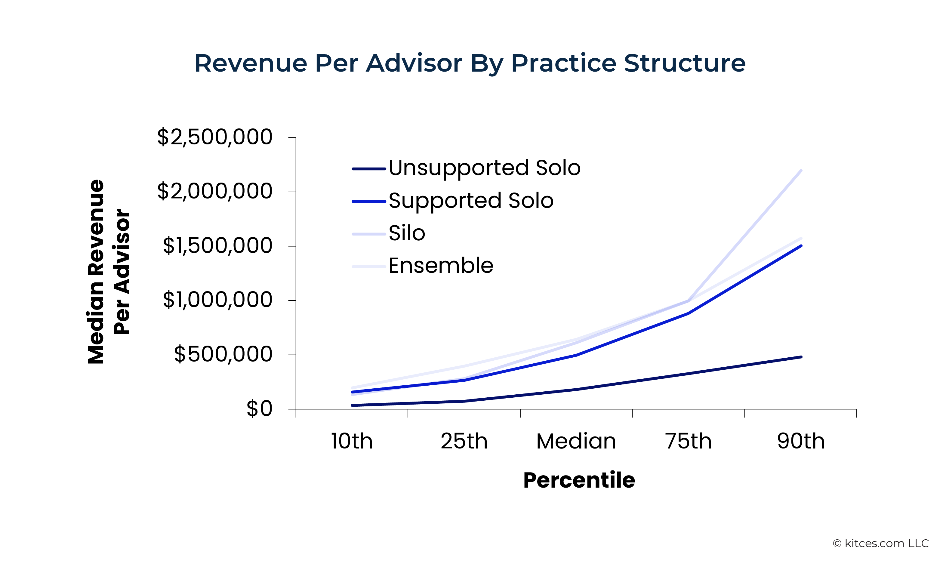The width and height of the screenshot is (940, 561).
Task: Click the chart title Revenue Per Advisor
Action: tap(470, 63)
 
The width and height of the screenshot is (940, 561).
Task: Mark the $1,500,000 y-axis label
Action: tap(217, 246)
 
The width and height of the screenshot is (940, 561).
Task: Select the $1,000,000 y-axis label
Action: tap(217, 300)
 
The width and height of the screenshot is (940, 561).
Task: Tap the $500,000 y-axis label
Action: tap(223, 354)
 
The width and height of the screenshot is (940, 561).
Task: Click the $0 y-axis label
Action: tap(259, 409)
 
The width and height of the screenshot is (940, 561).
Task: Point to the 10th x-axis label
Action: tap(352, 441)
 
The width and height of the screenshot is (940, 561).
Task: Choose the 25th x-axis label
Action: tap(464, 441)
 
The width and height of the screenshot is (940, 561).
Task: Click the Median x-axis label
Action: tap(576, 441)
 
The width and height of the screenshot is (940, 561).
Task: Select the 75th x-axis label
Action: tap(688, 441)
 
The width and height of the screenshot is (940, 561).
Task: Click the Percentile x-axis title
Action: tap(579, 480)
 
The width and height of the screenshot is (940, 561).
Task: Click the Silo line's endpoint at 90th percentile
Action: tap(801, 171)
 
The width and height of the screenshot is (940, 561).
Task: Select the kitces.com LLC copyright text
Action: tap(881, 544)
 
